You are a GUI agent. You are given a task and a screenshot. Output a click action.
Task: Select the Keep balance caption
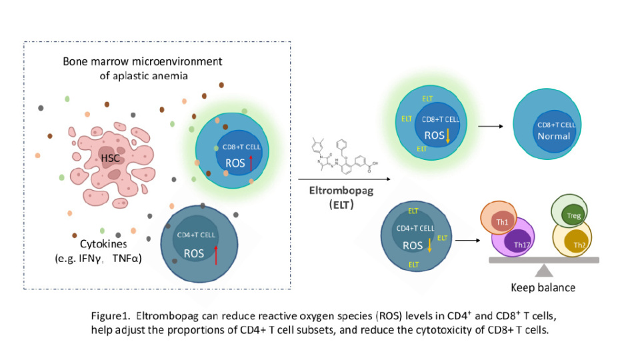coord(544,288)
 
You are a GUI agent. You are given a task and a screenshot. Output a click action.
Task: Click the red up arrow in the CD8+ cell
coord(251,162)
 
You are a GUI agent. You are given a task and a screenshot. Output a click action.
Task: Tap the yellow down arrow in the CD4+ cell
coord(429,245)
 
